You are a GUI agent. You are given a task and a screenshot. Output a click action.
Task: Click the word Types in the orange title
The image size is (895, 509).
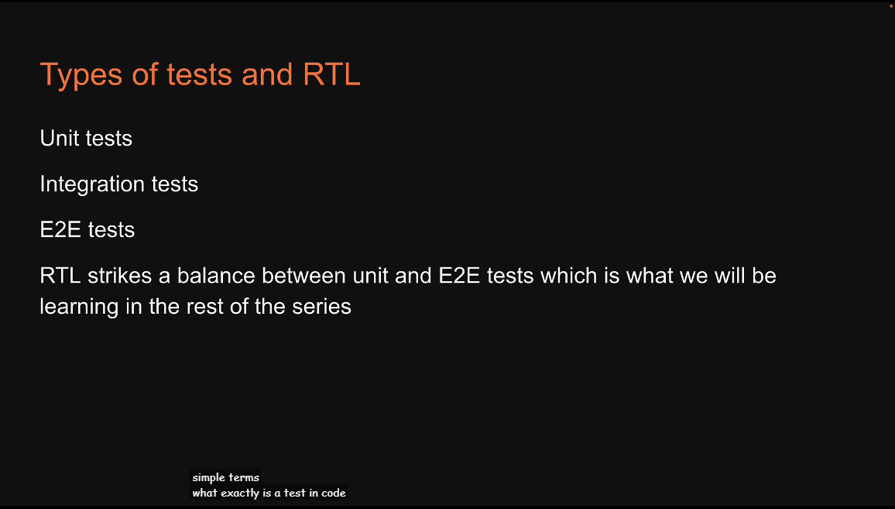[81, 75]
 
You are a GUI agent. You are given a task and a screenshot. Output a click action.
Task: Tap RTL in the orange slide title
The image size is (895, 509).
[331, 74]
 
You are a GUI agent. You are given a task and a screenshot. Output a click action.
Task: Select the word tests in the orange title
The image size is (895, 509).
[199, 75]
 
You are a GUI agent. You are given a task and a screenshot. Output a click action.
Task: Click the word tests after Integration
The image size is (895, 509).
[175, 184]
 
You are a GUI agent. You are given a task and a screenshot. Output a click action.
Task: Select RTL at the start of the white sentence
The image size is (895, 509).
[60, 276]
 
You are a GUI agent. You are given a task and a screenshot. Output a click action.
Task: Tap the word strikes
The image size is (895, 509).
[120, 276]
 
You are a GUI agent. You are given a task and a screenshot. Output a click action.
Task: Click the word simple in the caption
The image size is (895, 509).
[209, 477]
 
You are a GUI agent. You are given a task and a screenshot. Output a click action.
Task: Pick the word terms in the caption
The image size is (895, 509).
[244, 477]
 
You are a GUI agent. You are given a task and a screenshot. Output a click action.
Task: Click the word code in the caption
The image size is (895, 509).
[334, 493]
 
